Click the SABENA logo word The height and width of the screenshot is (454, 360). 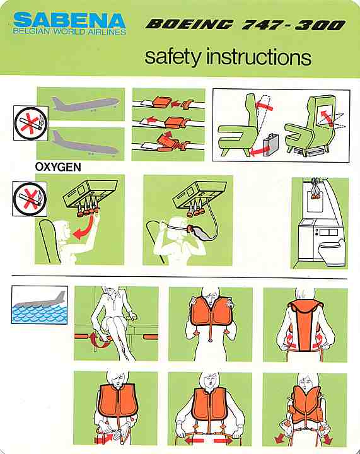69,20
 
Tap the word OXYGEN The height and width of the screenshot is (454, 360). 58,167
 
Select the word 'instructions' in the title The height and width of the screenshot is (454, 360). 258,57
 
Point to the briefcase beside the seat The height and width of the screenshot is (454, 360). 270,145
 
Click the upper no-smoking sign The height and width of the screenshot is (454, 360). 31,124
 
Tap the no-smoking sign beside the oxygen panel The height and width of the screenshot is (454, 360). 30,199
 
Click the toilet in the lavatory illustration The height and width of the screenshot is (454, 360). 332,252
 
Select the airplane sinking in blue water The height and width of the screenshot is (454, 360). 40,305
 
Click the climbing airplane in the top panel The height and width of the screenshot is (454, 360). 85,103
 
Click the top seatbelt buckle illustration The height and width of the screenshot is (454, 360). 163,101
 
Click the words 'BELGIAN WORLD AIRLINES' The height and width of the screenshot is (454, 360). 69,32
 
